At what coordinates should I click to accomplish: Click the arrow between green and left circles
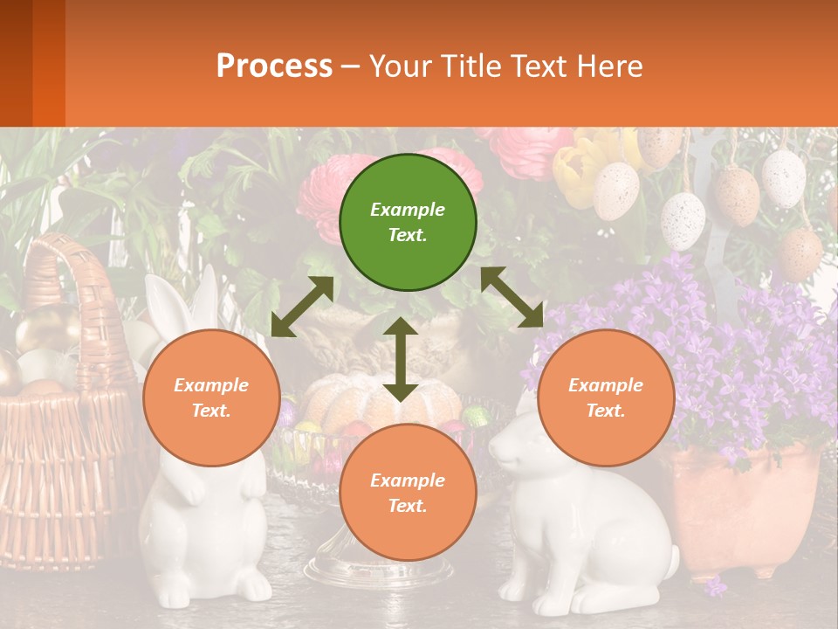tap(302, 307)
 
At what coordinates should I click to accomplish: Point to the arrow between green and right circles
tap(512, 297)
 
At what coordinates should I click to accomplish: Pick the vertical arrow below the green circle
tap(401, 359)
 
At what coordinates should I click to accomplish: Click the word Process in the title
tap(274, 66)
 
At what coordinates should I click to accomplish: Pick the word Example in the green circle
tap(408, 210)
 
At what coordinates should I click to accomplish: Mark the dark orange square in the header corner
tap(32, 63)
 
